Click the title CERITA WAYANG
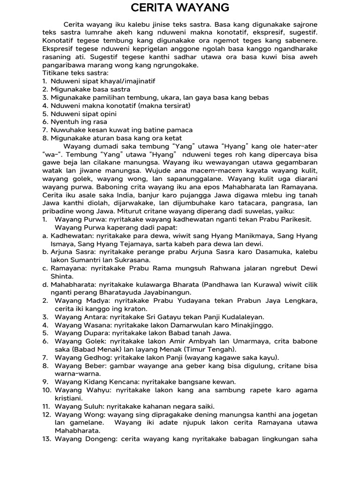(x=180, y=8)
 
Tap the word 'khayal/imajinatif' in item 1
(x=126, y=81)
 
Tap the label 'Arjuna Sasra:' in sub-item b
(x=73, y=252)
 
